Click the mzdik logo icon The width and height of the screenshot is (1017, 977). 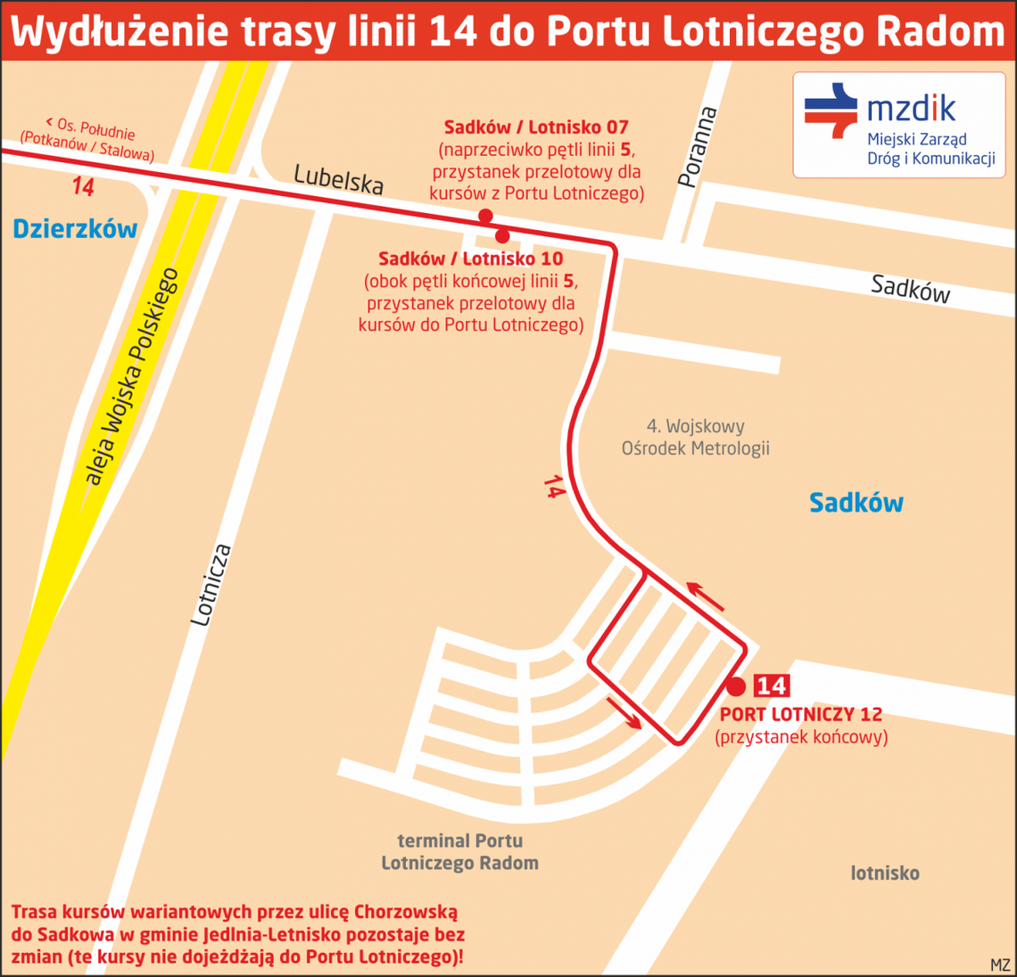click(x=831, y=110)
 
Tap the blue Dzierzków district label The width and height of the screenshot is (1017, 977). click(x=75, y=229)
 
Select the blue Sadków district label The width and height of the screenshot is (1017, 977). click(x=856, y=503)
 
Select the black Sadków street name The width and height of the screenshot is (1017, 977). click(x=910, y=288)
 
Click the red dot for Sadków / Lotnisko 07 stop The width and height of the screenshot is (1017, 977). click(x=485, y=216)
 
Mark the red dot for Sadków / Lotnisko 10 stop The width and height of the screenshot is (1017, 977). click(x=502, y=236)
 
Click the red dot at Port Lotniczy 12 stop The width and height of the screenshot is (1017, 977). click(x=735, y=686)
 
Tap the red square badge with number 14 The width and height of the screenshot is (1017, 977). click(x=772, y=686)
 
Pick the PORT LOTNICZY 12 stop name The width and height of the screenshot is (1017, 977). click(x=800, y=715)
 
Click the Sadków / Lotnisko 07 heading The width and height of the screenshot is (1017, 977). click(x=536, y=127)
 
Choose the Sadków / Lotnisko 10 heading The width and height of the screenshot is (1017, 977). click(x=470, y=259)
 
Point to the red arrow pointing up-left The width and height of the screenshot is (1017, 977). click(x=705, y=596)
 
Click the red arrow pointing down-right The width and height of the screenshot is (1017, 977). click(x=624, y=713)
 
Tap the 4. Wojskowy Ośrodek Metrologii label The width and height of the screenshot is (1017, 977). click(x=695, y=437)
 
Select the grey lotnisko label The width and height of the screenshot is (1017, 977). click(x=884, y=873)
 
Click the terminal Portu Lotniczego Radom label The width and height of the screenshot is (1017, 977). click(x=459, y=851)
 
